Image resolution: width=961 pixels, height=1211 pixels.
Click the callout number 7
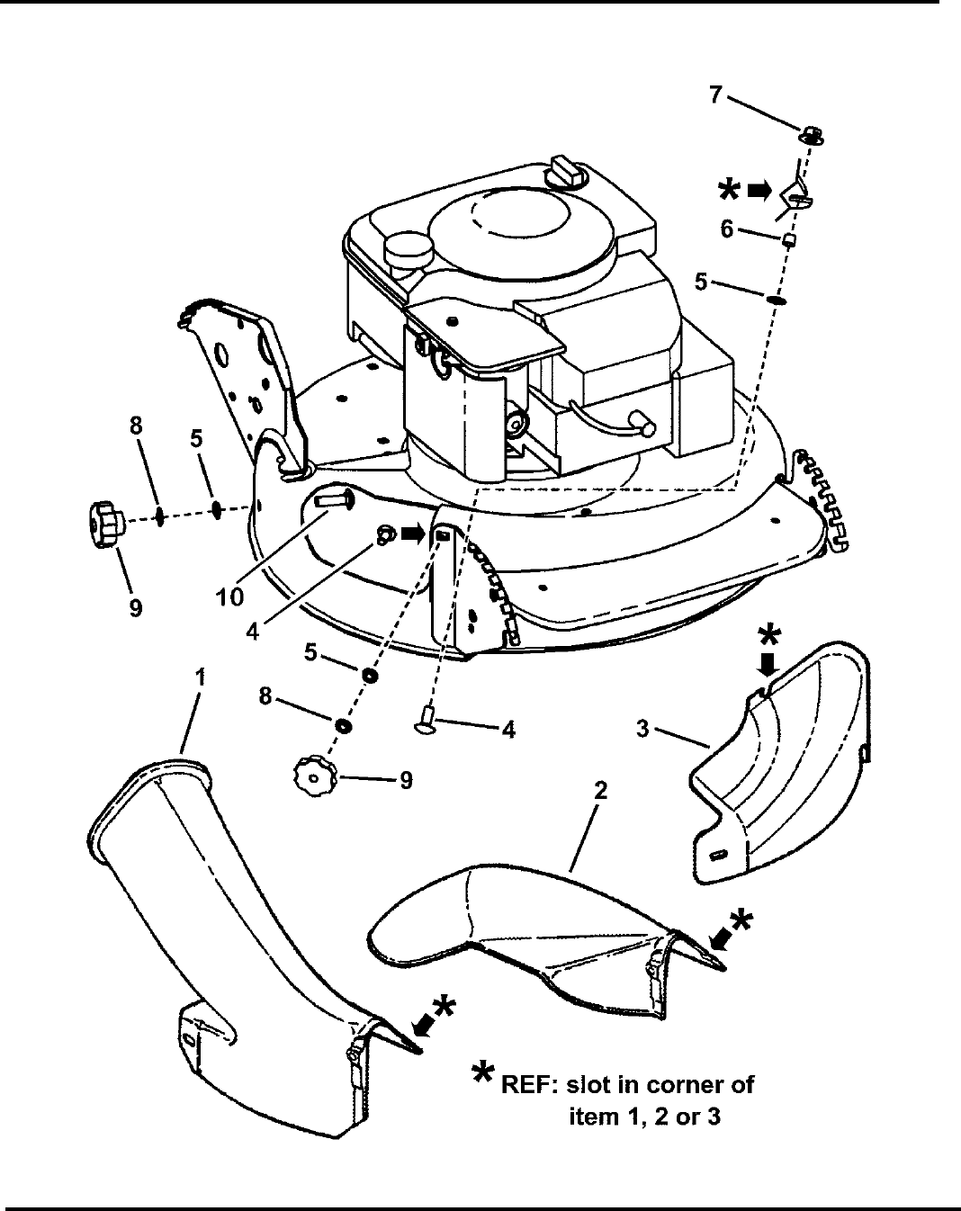(714, 94)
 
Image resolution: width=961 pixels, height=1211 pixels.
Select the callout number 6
(726, 229)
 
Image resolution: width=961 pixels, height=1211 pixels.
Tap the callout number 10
(230, 597)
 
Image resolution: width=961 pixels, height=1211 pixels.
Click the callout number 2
(600, 791)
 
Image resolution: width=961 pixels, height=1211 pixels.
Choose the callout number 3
(642, 729)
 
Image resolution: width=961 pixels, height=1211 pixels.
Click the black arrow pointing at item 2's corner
(721, 938)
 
